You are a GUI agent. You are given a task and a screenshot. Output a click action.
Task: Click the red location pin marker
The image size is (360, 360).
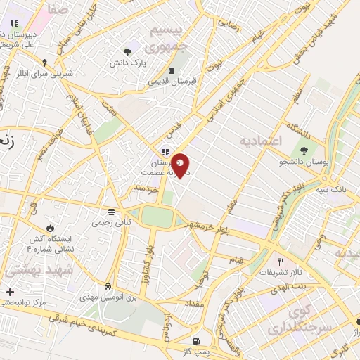pos(181,165)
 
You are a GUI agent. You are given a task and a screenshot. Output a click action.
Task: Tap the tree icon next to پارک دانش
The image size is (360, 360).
pos(127,51)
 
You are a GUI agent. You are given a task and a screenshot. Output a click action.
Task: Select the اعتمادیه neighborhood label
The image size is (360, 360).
pos(261,141)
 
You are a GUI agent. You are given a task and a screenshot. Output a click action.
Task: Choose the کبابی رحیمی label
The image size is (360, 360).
pos(110,221)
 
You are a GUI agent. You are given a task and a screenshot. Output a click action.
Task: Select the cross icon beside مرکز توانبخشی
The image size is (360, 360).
pos(9,291)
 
